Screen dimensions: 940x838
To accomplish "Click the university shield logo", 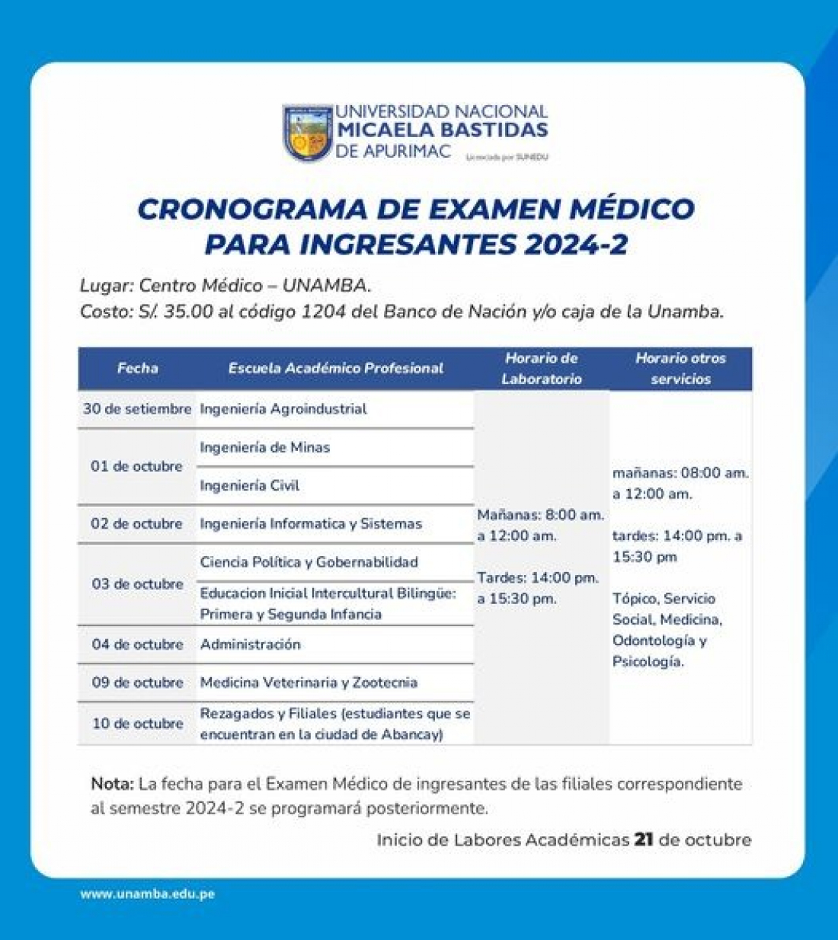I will tap(308, 133).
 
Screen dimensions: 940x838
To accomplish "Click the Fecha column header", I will tap(137, 369).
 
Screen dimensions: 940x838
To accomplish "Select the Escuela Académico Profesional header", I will tap(335, 369).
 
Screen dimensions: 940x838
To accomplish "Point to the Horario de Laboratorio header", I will tap(542, 369).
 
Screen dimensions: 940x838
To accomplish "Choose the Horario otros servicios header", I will tap(680, 369).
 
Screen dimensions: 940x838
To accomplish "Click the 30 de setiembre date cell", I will tap(137, 409).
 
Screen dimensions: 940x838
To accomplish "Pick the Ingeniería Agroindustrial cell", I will tap(283, 409).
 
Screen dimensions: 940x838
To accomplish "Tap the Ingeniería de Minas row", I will tap(264, 448).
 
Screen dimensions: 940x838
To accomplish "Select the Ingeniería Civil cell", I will tap(249, 486).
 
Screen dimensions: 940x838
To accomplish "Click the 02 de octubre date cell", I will tap(137, 524).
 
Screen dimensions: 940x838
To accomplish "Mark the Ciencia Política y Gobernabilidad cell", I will tap(309, 562).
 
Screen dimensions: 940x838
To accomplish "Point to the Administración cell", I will tap(250, 644).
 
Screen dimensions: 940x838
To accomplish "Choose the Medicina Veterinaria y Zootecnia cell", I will tap(309, 683).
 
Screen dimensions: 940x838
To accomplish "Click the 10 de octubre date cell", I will tap(137, 724).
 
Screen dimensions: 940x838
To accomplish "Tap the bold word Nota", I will tap(112, 784).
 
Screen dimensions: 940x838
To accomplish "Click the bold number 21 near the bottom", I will tap(644, 840).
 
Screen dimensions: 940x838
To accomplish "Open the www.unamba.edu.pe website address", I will tap(147, 894).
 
